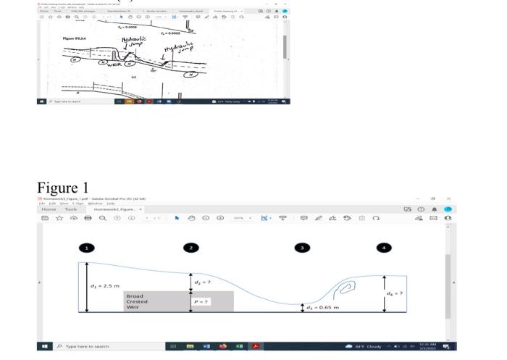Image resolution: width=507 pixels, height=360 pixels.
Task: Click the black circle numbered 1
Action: click(86, 248)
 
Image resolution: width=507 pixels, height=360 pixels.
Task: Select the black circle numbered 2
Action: click(190, 248)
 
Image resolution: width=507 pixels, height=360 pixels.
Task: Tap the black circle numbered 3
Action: click(302, 248)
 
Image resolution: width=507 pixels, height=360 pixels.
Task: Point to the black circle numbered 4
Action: click(384, 248)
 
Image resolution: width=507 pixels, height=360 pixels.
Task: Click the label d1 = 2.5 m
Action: click(105, 286)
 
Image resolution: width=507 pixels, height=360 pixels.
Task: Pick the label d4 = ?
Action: click(396, 293)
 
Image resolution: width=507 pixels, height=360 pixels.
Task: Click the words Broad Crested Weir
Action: click(135, 301)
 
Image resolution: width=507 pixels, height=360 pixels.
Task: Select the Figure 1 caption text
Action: click(63, 188)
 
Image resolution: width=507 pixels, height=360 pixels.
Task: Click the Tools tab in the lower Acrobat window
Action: click(71, 209)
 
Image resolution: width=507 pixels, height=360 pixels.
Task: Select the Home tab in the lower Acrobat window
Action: click(50, 209)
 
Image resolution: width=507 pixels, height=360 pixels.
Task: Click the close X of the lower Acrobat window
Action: click(448, 198)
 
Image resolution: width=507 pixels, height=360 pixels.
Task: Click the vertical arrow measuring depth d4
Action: click(385, 293)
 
